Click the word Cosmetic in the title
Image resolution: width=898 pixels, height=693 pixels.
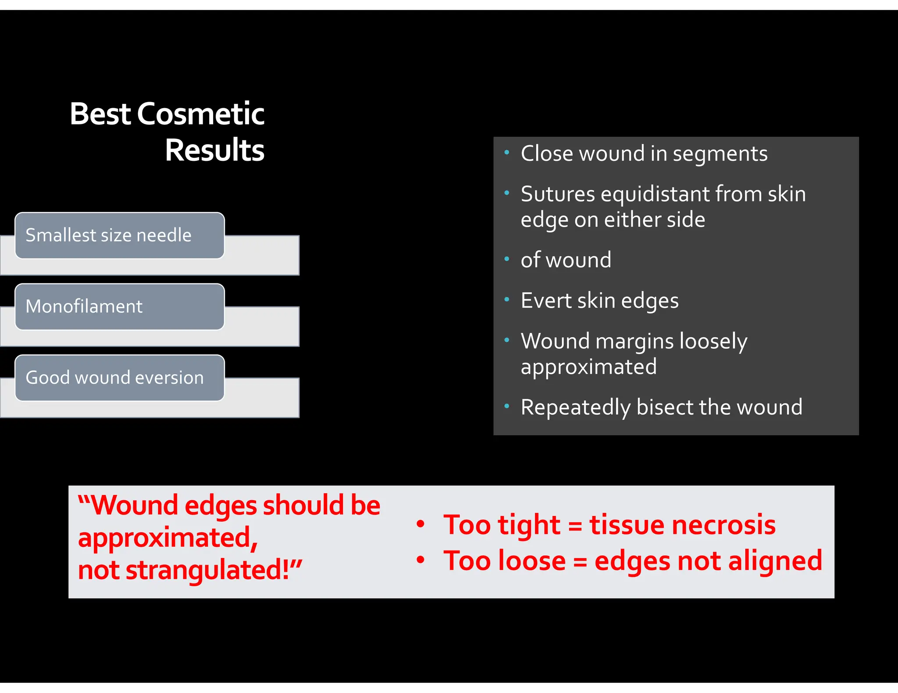pos(201,114)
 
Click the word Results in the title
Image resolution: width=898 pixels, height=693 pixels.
pos(214,150)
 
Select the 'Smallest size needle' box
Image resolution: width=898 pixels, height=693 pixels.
pos(119,236)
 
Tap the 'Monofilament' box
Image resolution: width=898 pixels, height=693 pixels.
pos(119,307)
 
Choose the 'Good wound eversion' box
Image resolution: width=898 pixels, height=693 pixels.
pos(119,378)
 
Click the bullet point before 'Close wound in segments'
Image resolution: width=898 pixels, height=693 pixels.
pos(506,153)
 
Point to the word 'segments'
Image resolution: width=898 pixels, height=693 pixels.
pos(720,154)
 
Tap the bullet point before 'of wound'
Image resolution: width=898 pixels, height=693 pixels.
pos(506,259)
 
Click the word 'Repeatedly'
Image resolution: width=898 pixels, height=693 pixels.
pos(575,407)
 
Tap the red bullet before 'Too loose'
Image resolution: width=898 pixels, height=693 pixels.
pos(420,560)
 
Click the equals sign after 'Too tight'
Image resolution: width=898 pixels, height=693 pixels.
pos(575,526)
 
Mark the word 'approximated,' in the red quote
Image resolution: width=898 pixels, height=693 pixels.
pos(168,538)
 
